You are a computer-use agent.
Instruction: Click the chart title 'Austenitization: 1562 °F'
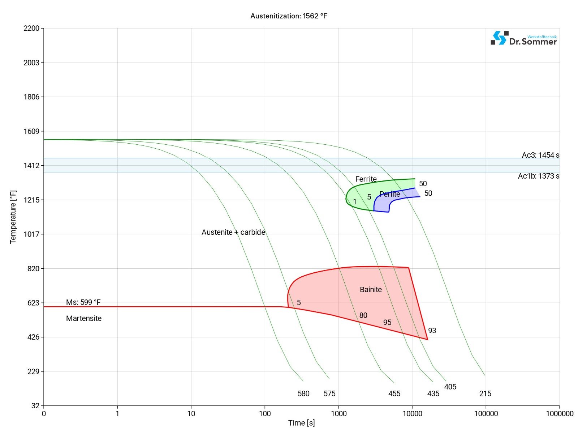tap(289, 16)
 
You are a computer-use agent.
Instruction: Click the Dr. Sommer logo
tap(523, 38)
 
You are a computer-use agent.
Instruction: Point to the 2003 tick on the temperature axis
tap(31, 63)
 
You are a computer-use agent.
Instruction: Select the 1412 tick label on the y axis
tap(31, 166)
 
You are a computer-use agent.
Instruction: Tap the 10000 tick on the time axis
tap(412, 414)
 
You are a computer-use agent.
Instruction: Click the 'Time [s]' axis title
tap(301, 423)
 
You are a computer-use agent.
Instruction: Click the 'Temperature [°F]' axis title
tap(13, 217)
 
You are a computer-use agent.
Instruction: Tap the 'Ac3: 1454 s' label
tap(540, 155)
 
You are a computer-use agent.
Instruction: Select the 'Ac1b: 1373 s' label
tap(538, 176)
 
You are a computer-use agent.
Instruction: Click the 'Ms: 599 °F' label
tap(83, 302)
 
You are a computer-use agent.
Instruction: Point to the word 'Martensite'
tap(84, 319)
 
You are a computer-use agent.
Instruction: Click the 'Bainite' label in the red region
tap(371, 290)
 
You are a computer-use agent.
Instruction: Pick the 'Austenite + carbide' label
tap(233, 232)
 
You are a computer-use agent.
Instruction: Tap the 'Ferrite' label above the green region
tap(366, 179)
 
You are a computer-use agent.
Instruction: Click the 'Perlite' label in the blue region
tap(390, 194)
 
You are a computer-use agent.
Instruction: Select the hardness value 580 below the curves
tap(303, 393)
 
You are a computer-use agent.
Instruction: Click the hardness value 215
tap(485, 393)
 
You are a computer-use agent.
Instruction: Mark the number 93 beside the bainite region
tap(432, 331)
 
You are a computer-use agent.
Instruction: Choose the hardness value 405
tap(450, 387)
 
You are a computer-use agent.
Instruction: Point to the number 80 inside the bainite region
tap(363, 315)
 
